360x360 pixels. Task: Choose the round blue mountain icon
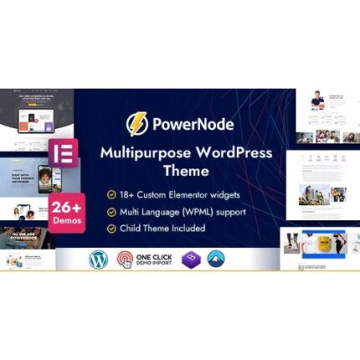click(218, 258)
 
